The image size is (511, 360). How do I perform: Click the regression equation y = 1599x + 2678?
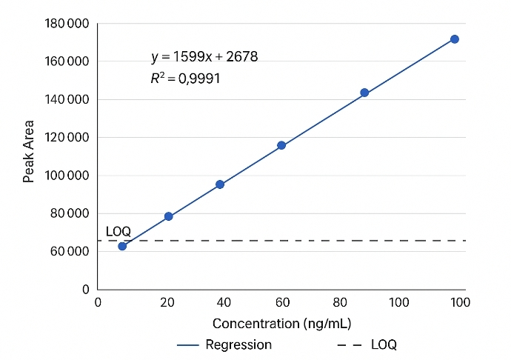click(x=204, y=56)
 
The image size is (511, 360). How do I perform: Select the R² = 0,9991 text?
click(x=185, y=77)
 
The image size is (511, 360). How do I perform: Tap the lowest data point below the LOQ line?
click(x=122, y=246)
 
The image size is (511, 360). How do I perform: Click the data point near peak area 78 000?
click(x=168, y=216)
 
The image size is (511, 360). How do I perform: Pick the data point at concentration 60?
click(x=281, y=145)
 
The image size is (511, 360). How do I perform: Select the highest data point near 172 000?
click(x=455, y=39)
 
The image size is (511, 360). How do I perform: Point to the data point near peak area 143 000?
click(x=364, y=93)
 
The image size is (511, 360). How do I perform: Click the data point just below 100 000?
click(x=220, y=184)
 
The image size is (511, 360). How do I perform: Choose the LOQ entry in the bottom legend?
click(x=384, y=344)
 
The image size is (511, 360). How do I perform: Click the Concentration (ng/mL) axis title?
click(x=281, y=324)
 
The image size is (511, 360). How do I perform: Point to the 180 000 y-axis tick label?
click(x=67, y=24)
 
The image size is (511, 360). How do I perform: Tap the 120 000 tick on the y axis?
click(x=67, y=138)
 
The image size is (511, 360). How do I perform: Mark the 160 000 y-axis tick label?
click(x=67, y=61)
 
